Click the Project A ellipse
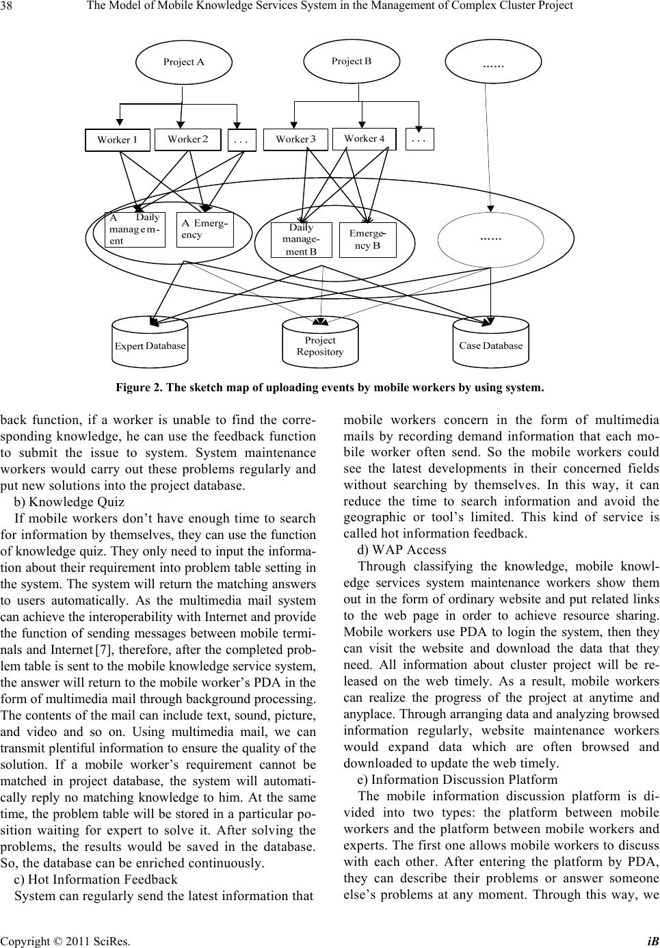coord(183,62)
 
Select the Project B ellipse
coord(352,61)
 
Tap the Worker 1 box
coord(118,140)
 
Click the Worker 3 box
coord(295,139)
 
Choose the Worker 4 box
coord(364,138)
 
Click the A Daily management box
coord(135,229)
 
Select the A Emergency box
coord(204,229)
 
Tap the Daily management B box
coord(302,239)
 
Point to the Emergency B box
coord(367,239)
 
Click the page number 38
coord(12,6)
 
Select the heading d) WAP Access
coord(401,549)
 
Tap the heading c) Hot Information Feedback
coord(96,879)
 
